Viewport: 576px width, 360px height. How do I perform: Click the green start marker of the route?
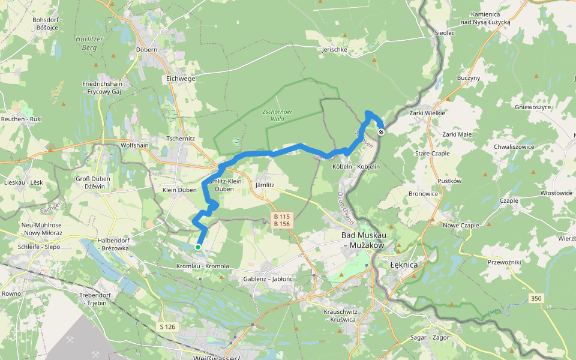pos(198,247)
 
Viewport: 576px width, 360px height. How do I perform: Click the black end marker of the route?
pos(381,132)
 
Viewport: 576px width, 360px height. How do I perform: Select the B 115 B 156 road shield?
pos(281,220)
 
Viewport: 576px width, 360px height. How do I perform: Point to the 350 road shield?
pos(536,298)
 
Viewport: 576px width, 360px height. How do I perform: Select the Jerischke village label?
pos(334,50)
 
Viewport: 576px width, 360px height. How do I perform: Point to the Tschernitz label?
pos(181,139)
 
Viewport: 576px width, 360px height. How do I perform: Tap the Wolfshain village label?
pos(134,145)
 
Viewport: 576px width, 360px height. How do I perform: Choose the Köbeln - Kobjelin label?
pos(356,166)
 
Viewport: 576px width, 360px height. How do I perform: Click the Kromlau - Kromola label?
pos(203,266)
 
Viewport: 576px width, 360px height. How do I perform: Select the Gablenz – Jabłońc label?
pos(268,279)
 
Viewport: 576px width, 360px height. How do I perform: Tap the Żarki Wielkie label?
pos(427,113)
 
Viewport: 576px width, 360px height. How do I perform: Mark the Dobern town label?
pos(146,50)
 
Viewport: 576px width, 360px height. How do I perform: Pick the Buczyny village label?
pos(469,78)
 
